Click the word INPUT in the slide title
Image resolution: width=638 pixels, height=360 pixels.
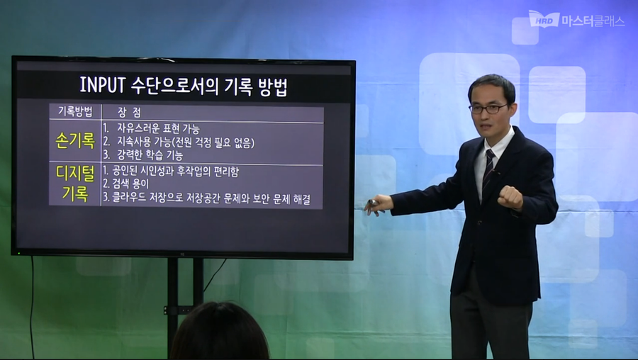pos(103,86)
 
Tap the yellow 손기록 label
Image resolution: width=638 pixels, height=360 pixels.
pos(74,141)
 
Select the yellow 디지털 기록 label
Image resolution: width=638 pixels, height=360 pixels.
pos(74,182)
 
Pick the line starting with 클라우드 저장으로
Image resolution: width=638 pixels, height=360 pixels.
pos(206,198)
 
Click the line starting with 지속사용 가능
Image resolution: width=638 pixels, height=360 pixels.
pos(178,142)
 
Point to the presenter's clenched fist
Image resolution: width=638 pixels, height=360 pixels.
pos(509,197)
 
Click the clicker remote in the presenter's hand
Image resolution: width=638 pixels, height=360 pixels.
pos(371,204)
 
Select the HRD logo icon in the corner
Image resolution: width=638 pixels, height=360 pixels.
pos(544,19)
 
